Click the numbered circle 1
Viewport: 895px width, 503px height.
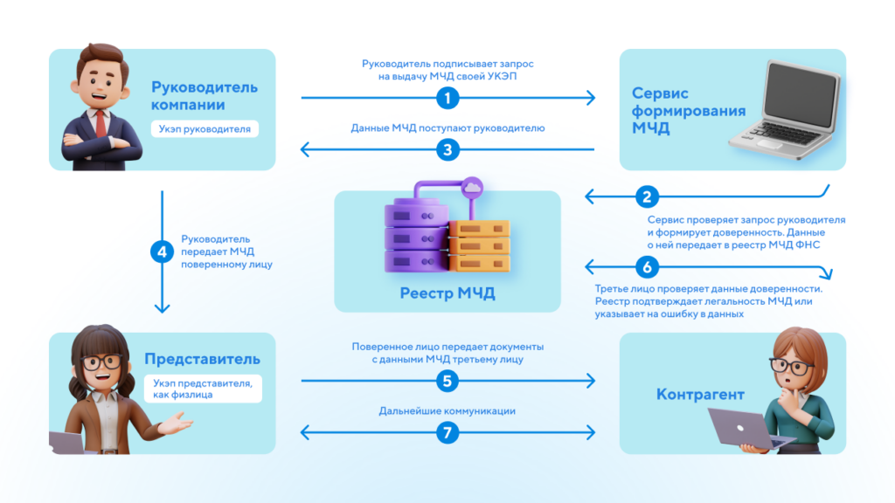447,98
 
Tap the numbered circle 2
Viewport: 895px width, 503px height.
648,196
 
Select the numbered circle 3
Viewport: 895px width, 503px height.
447,149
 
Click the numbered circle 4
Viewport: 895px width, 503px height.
162,252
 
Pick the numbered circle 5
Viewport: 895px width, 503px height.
447,381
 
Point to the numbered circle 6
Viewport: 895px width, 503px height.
648,265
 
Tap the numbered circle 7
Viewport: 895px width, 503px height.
447,432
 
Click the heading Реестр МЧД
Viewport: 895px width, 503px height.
447,293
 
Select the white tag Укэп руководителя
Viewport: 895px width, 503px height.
205,129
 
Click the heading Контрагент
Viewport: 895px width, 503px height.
700,395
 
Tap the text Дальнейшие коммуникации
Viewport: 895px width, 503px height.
447,410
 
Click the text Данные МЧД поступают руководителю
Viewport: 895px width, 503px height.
447,128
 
